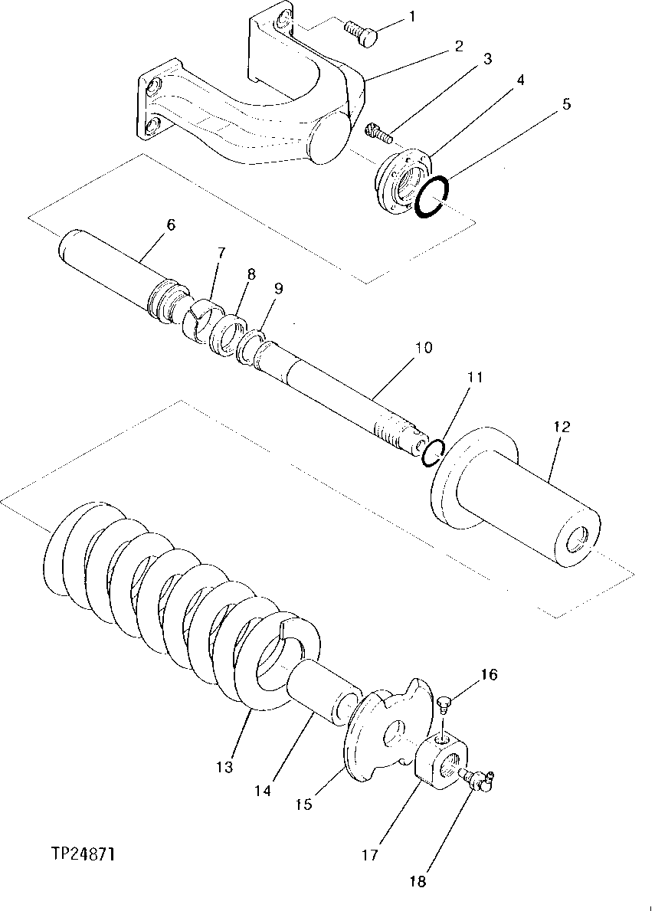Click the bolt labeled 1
click(362, 33)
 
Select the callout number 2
click(458, 46)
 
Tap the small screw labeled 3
click(378, 133)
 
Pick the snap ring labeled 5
click(434, 195)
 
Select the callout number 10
click(424, 347)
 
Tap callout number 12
click(562, 427)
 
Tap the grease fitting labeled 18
click(479, 779)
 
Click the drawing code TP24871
click(84, 853)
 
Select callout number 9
click(278, 288)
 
